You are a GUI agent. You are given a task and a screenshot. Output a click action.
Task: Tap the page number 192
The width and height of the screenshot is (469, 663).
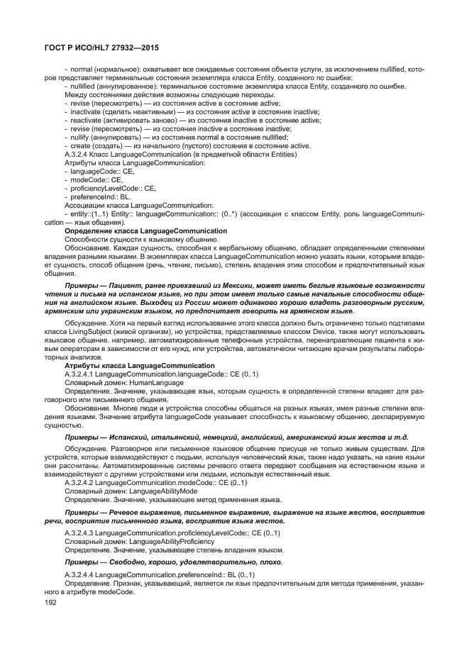click(50, 601)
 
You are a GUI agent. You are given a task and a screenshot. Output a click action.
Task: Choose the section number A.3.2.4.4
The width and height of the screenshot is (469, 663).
click(79, 574)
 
